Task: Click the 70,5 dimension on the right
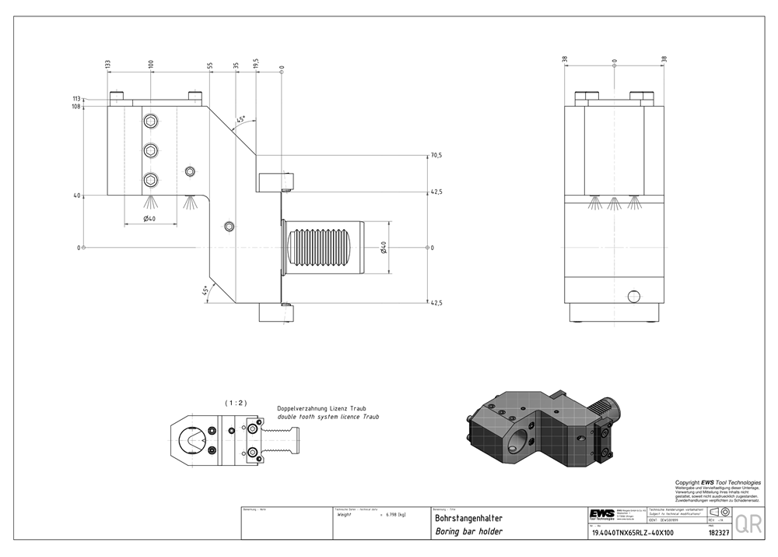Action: [x=436, y=156]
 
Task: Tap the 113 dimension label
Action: [x=76, y=99]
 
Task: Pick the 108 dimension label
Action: [x=76, y=106]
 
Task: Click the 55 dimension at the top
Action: [x=210, y=66]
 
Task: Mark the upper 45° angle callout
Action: [x=242, y=119]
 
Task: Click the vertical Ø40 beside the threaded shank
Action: [x=384, y=248]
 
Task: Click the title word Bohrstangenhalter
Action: [x=468, y=518]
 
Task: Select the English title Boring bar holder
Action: [x=468, y=532]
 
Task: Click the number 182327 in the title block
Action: [x=719, y=534]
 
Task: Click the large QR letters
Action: [x=748, y=524]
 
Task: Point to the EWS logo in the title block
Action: [x=601, y=513]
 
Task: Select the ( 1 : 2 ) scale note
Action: [x=236, y=403]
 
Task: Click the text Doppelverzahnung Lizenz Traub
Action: [x=321, y=408]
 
